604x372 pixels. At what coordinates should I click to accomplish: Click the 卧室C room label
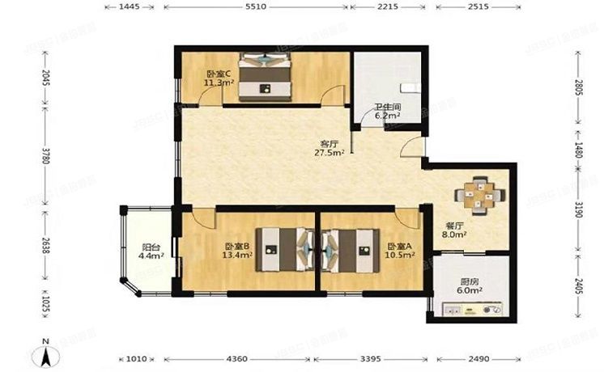tap(216, 72)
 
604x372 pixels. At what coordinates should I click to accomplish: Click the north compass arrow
tap(48, 353)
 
